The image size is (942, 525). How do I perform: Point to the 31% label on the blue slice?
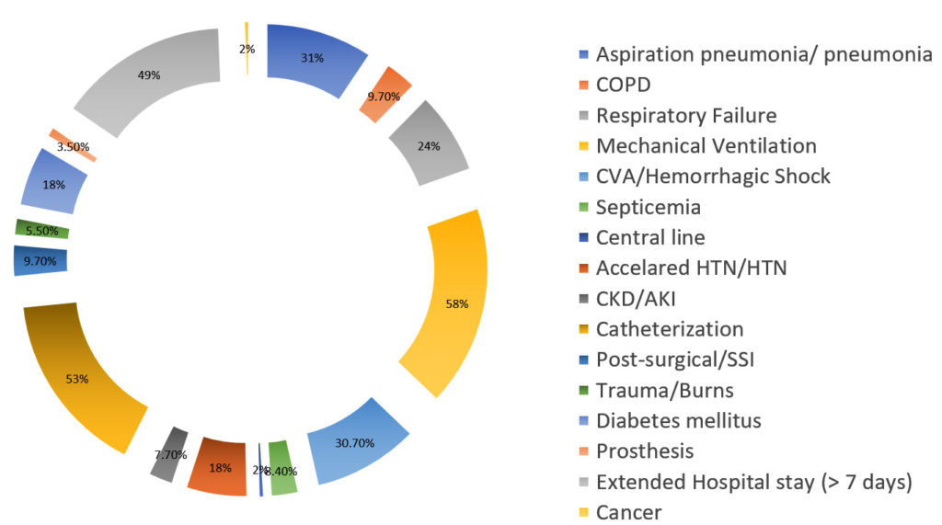[x=312, y=58]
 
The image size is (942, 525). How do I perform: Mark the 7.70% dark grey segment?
[x=169, y=453]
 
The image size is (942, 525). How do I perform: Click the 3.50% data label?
[x=72, y=146]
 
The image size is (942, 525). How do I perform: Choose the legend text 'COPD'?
[x=623, y=85]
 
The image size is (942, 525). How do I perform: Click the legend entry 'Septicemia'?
[x=649, y=207]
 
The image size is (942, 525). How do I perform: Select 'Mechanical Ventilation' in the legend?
[x=706, y=145]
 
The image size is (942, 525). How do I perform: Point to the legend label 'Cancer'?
[x=628, y=512]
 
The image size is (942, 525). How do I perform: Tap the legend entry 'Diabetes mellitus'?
[x=679, y=420]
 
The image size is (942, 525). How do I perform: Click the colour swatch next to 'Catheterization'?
[x=585, y=329]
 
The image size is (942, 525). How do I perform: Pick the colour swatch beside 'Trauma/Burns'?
[x=585, y=391]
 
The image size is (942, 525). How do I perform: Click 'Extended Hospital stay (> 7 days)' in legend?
[x=753, y=482]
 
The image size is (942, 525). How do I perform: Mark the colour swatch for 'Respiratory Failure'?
[x=585, y=116]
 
